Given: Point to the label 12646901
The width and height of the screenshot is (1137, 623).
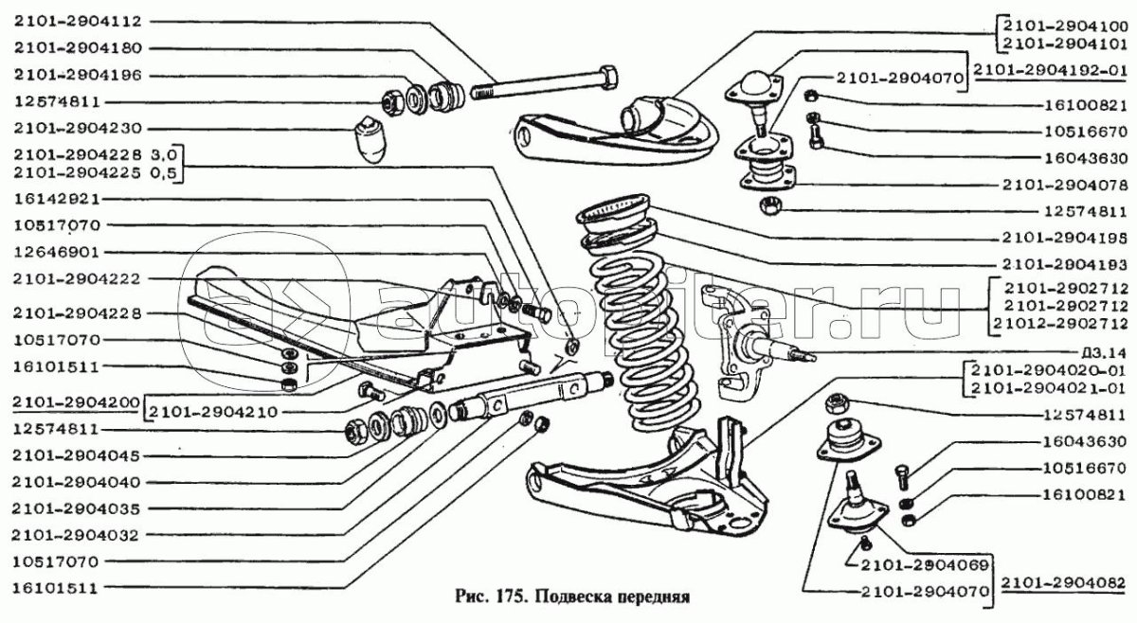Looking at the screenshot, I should tap(53, 253).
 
